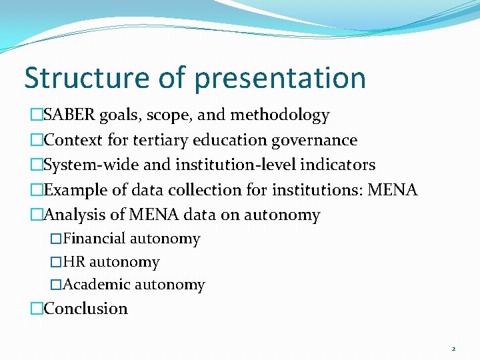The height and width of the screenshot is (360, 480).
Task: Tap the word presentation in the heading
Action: point(280,79)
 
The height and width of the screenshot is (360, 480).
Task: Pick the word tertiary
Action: point(163,140)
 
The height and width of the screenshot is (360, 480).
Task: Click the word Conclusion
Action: point(85,309)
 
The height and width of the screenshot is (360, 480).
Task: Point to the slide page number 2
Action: point(453,349)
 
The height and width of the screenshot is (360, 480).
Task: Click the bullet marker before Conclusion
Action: point(37,309)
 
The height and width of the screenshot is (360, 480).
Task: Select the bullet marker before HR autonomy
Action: point(57,262)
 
